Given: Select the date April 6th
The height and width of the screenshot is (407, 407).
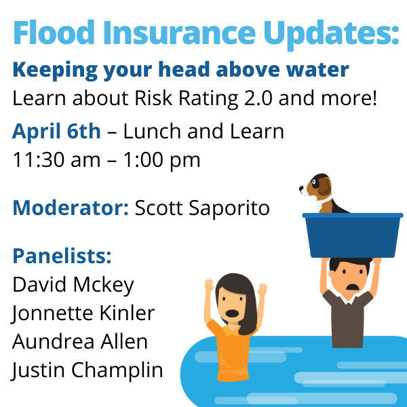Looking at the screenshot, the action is tap(56, 132).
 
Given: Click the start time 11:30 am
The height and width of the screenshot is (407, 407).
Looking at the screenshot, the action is tap(56, 160).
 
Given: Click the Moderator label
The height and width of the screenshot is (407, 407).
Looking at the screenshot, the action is tap(71, 208).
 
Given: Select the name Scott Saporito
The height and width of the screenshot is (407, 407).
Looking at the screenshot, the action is tap(202, 209).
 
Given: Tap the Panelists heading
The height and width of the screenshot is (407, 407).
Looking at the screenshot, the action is tap(62, 256).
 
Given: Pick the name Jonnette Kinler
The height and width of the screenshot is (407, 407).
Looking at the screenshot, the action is tap(83, 313).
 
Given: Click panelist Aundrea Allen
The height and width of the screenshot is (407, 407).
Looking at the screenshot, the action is tap(80, 342).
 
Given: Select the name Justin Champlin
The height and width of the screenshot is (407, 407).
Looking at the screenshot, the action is tap(88, 370).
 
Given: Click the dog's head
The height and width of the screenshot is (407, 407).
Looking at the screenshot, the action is tap(316, 186).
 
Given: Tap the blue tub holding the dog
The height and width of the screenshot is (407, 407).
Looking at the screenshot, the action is tap(353, 235).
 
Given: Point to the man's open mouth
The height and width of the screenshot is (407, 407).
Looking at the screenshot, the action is tap(352, 287).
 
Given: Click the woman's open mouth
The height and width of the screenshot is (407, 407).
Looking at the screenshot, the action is tap(232, 313).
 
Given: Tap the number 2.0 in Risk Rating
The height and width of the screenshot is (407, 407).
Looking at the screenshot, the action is tap(258, 98).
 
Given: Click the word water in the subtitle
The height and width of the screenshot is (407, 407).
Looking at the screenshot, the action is tap(317, 70).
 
